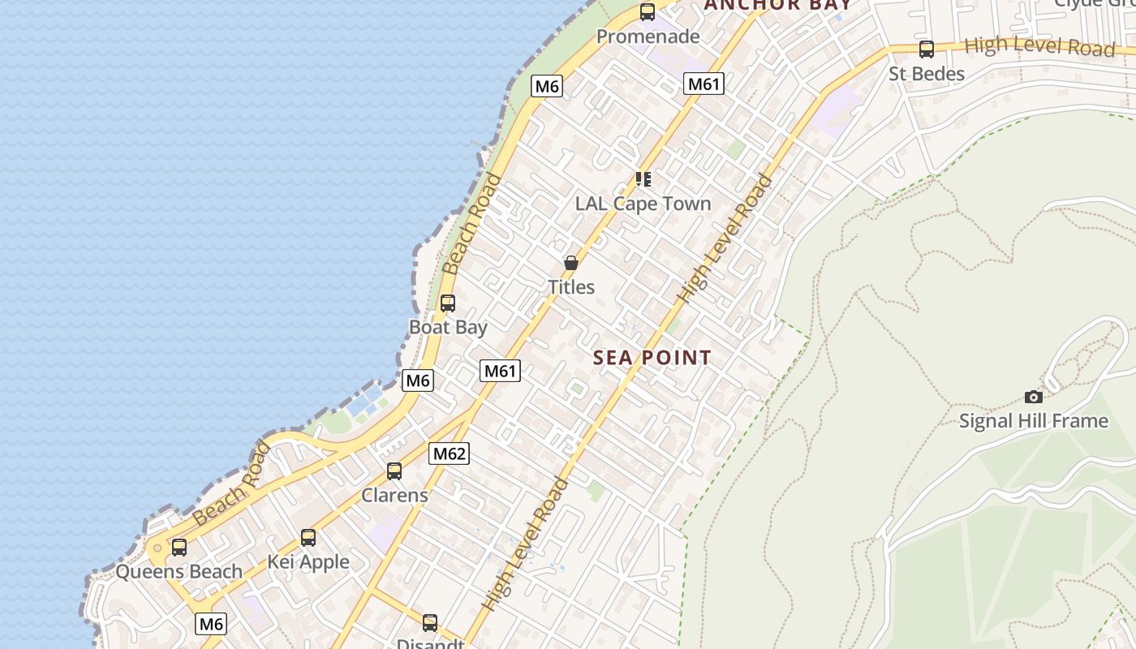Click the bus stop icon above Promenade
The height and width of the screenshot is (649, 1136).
[x=648, y=12]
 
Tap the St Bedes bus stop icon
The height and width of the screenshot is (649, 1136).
[x=926, y=49]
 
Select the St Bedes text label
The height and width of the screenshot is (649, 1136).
[x=926, y=74]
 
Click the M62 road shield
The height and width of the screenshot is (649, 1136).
[x=449, y=453]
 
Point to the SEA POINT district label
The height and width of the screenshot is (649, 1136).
[x=652, y=358]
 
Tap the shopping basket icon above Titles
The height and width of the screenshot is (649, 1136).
[x=571, y=263]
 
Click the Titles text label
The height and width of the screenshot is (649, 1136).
[x=571, y=287]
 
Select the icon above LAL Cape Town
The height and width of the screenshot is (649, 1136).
[x=643, y=179]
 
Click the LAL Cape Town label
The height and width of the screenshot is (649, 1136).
[x=643, y=204]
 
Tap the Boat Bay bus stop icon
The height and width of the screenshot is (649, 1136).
[x=447, y=303]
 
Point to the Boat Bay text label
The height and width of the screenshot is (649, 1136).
[x=448, y=328]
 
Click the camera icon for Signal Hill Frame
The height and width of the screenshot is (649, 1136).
[x=1033, y=397]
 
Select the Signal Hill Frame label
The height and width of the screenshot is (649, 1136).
[x=1033, y=421]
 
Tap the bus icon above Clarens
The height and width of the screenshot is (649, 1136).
[x=394, y=471]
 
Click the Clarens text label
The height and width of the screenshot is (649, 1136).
[x=394, y=495]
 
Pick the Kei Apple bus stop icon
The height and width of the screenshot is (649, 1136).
[x=308, y=537]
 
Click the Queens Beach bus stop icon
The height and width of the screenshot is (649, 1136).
[x=179, y=548]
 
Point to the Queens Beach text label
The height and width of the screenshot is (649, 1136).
[x=179, y=572]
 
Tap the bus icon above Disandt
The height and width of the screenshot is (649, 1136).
[x=430, y=623]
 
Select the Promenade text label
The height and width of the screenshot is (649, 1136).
[x=648, y=37]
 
